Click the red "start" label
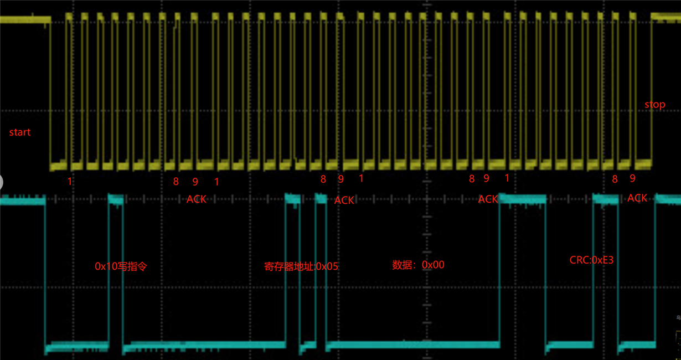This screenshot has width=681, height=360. coord(20,132)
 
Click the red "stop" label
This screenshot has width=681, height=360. coord(654,104)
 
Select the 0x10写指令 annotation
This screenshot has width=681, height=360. coord(121,266)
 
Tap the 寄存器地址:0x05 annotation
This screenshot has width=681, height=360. coord(301,266)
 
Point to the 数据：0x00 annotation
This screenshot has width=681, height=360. coord(418,265)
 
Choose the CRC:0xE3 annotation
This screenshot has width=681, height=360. coord(591,260)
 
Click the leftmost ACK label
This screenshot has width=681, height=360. coord(196,199)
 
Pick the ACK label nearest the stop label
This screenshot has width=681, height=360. coord(637,198)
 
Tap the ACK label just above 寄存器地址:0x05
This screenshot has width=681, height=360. coord(344,200)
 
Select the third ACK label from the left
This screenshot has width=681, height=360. coord(488,199)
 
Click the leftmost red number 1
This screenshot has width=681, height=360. coord(70,181)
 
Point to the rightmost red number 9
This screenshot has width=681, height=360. coord(632,178)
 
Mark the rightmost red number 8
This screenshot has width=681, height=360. coord(615,179)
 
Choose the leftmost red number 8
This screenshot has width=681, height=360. coord(176,181)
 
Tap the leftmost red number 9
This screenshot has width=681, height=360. coord(195,181)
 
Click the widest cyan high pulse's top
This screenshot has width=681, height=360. coord(522,198)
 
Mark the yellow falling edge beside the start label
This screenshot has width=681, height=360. coord(50,94)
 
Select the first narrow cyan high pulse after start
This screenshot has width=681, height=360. coord(116,198)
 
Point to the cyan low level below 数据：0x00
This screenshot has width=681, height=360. coord(418,345)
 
